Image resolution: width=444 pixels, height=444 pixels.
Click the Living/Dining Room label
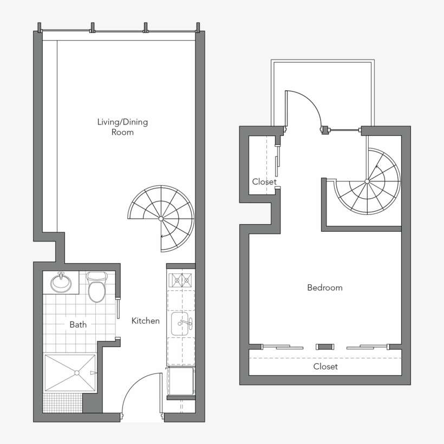tap(122, 127)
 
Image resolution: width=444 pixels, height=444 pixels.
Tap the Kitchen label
tap(146, 321)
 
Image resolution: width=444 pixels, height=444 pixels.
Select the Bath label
tap(78, 325)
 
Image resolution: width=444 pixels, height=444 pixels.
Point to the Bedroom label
tap(325, 288)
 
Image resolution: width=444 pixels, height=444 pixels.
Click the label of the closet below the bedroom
tap(325, 367)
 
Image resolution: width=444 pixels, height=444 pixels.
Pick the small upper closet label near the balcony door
tap(264, 182)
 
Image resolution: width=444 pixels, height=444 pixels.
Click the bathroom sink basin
tap(61, 282)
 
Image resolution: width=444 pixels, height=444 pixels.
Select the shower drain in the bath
tap(77, 373)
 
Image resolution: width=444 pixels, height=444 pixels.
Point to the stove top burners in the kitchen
tap(180, 280)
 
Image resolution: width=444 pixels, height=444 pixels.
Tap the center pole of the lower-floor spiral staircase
tap(161, 219)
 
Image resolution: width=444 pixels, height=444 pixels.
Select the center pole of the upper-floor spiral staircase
tap(367, 180)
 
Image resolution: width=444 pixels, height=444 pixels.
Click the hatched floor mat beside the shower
tap(62, 402)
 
